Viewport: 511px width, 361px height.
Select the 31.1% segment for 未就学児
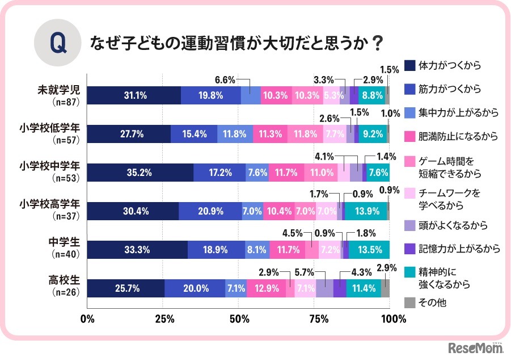pyautogui.click(x=134, y=96)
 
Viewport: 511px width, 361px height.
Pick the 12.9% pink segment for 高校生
pyautogui.click(x=266, y=288)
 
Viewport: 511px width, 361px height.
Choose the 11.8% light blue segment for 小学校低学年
pyautogui.click(x=235, y=135)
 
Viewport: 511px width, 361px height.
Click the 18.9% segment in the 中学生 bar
pyautogui.click(x=216, y=250)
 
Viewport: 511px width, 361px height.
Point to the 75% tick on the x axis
pyautogui.click(x=315, y=318)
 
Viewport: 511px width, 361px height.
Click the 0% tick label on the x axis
pyautogui.click(x=87, y=318)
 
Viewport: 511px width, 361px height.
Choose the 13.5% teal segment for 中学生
pyautogui.click(x=369, y=250)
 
